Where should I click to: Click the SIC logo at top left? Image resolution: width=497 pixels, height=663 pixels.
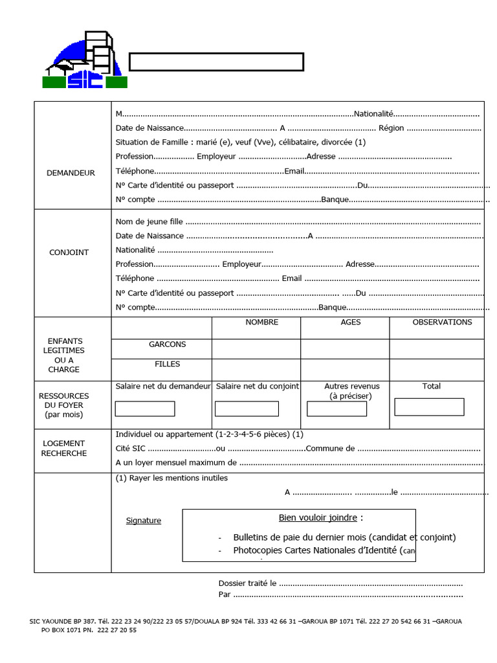85,61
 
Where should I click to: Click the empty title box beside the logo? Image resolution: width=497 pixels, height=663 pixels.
216,62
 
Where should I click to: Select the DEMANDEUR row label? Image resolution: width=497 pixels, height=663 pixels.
71,173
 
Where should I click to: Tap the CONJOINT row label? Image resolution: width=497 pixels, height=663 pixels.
69,253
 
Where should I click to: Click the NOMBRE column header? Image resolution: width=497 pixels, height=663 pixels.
262,322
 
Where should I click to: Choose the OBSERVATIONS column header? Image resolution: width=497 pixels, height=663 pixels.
442,322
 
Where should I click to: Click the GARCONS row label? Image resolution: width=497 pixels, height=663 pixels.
167,344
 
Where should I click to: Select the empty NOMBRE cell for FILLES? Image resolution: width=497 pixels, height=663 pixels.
256,370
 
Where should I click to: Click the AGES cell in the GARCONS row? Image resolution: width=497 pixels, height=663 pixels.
344,349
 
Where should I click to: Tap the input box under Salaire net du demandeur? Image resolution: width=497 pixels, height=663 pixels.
145,409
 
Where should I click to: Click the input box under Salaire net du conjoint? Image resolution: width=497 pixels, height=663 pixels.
247,409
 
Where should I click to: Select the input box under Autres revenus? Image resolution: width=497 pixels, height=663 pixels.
337,409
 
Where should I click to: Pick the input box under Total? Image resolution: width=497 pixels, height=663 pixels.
429,407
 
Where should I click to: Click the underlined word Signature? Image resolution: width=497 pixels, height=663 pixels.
144,521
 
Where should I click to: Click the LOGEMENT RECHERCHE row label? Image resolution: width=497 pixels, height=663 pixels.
64,448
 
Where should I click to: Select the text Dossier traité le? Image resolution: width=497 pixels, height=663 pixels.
247,583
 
